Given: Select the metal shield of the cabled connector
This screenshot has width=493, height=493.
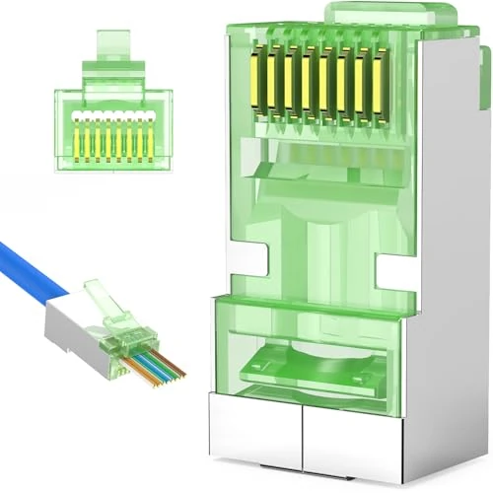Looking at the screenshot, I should click(x=69, y=325).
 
